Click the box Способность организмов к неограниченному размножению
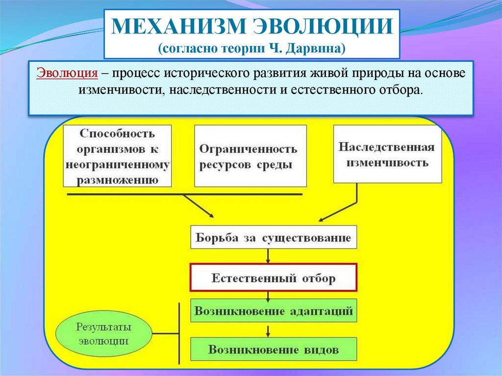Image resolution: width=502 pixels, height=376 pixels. click(118, 156)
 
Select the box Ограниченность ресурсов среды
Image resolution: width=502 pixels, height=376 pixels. click(251, 156)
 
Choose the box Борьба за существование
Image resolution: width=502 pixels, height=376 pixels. click(273, 238)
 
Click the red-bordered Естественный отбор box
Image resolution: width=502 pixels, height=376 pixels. click(273, 278)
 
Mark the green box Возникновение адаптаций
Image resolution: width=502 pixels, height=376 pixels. click(273, 311)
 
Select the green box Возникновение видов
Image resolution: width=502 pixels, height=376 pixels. click(273, 350)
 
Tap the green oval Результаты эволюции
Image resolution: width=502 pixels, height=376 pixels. click(103, 334)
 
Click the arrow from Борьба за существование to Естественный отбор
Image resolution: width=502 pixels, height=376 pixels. click(268, 256)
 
